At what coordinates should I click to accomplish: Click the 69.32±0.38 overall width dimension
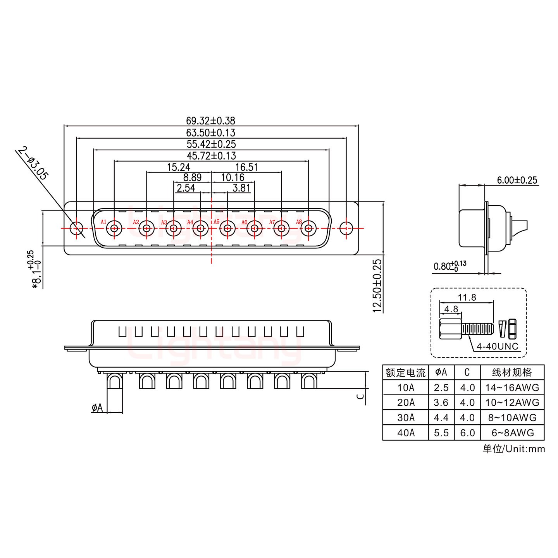click(210, 121)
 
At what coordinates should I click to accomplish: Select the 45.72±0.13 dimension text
click(211, 156)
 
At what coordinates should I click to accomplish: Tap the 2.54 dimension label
click(186, 189)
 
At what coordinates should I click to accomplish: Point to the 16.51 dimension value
click(246, 167)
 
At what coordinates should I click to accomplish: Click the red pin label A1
click(103, 222)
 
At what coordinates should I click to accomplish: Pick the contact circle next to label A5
click(227, 228)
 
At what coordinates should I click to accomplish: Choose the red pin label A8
click(299, 222)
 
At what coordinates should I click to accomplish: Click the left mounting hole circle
click(76, 228)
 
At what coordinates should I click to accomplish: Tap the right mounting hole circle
click(346, 228)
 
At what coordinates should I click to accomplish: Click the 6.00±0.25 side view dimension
click(517, 180)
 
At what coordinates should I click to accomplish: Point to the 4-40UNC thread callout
click(497, 346)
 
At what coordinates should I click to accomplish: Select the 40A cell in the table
click(406, 432)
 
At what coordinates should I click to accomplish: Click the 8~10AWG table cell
click(512, 417)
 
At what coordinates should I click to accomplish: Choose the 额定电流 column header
click(406, 373)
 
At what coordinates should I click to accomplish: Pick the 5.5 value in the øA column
click(441, 432)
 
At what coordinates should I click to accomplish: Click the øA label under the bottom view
click(97, 408)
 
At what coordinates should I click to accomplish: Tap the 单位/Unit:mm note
click(513, 449)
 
